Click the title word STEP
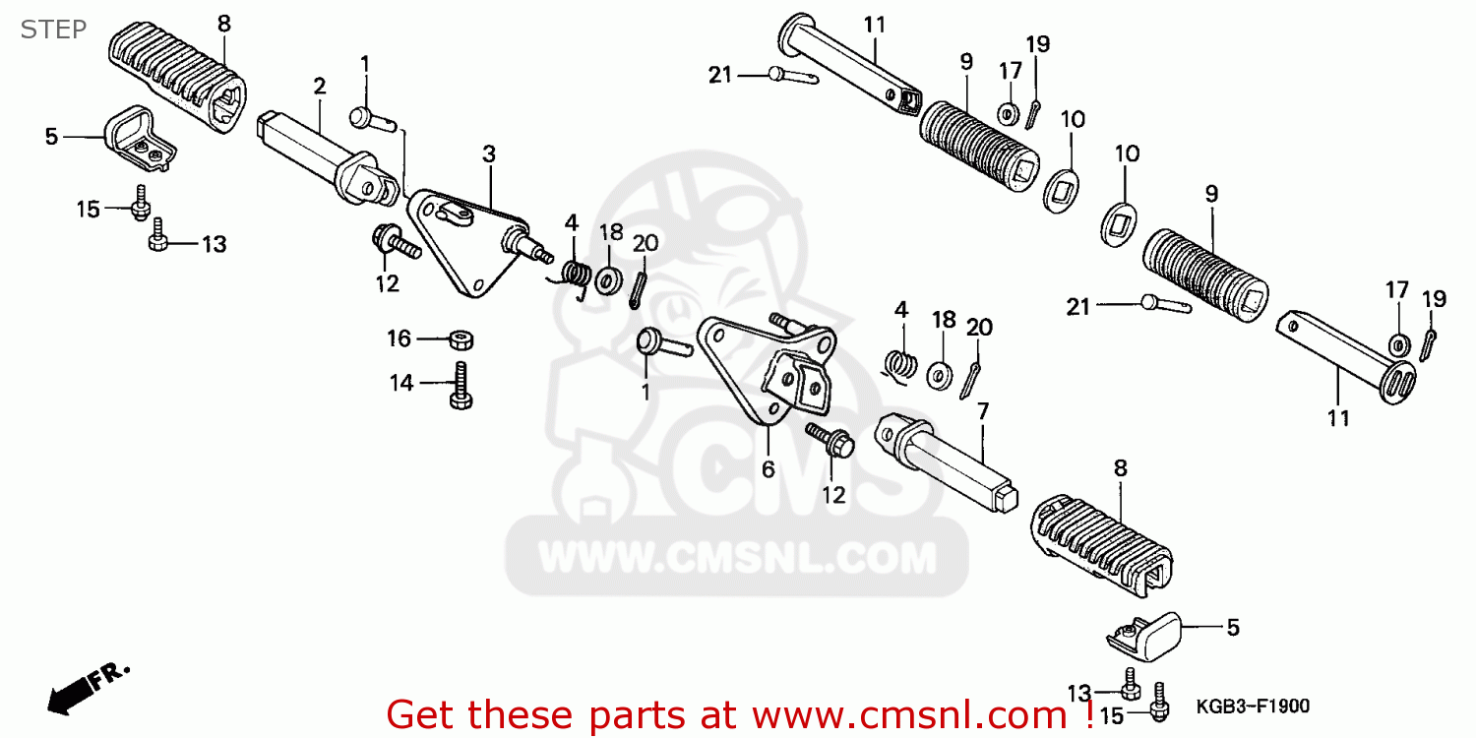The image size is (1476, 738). (53, 29)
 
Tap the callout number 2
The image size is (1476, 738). (320, 87)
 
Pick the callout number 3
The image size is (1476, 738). (489, 154)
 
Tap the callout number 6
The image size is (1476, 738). (768, 469)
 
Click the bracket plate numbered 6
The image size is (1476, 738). (768, 374)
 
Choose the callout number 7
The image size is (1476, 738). (981, 410)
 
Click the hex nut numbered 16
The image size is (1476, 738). (461, 339)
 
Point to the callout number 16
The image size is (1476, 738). (399, 338)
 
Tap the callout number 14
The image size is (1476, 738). (401, 384)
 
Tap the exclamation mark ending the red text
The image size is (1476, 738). (1089, 712)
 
